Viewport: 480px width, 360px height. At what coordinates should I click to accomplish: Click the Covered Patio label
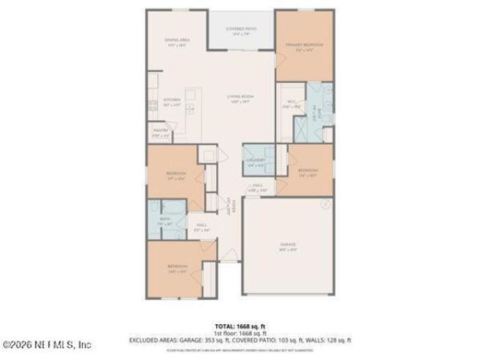click(x=241, y=29)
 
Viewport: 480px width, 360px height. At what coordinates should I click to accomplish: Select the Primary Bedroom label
click(x=304, y=45)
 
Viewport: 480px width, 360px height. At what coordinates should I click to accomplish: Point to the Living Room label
click(x=239, y=97)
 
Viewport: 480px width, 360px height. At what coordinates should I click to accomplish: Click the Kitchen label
click(x=172, y=100)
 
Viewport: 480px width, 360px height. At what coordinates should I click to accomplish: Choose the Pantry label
click(x=161, y=130)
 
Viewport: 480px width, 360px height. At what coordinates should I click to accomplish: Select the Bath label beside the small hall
click(x=165, y=219)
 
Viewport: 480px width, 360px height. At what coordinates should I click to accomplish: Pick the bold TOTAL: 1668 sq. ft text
click(x=239, y=326)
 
